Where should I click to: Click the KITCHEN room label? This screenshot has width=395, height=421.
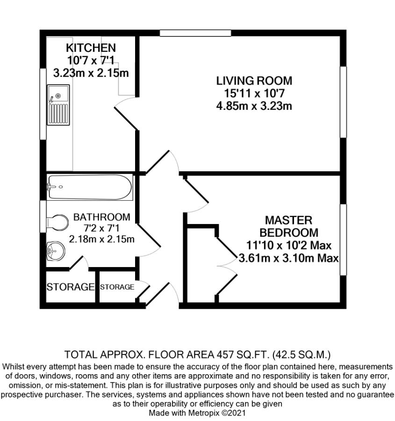(91, 48)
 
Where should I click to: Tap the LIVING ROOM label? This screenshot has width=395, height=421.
(254, 80)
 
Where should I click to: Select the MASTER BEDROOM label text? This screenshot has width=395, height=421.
(288, 226)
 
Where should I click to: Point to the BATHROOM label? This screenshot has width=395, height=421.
(101, 217)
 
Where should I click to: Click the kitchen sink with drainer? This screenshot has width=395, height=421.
(58, 105)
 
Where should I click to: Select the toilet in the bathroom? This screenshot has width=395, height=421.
(58, 223)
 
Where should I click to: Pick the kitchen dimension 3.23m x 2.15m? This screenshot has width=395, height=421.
(91, 73)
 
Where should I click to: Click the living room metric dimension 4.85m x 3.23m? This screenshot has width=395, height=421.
(254, 106)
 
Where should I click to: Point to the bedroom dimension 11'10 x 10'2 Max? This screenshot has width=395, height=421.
(289, 245)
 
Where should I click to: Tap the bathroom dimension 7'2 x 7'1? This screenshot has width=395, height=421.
(101, 228)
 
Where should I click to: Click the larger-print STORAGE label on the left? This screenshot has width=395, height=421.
(70, 287)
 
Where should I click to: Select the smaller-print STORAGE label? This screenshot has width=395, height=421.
(117, 287)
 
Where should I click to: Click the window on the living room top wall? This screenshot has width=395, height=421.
(195, 33)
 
